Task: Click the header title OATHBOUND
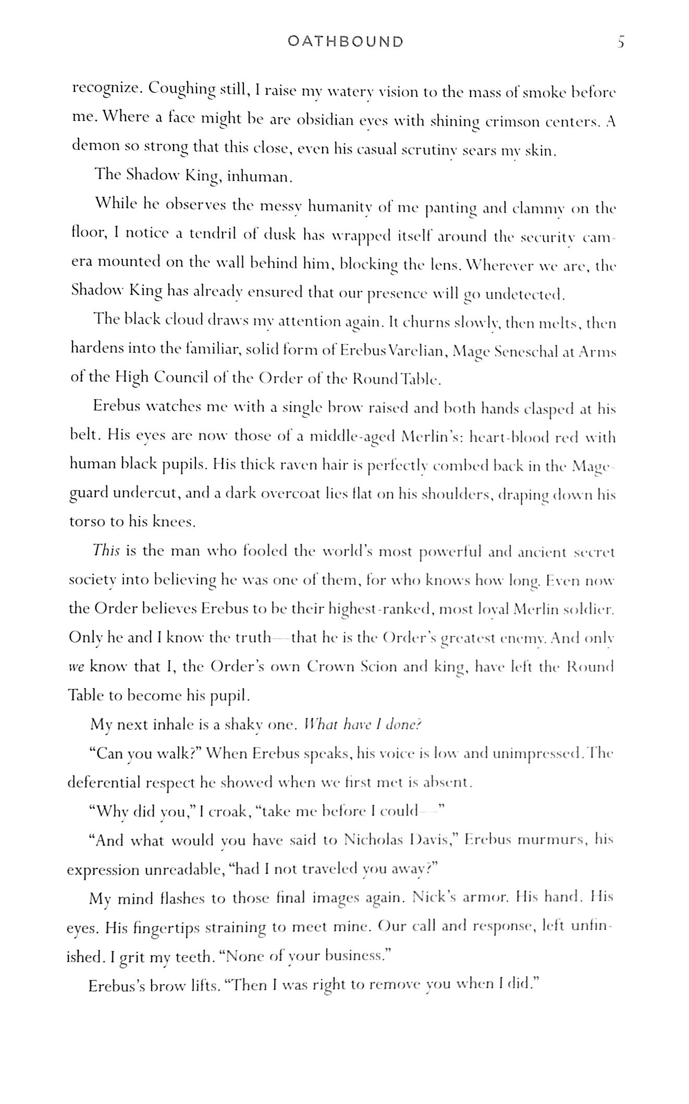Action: pyautogui.click(x=346, y=42)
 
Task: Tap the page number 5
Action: pyautogui.click(x=620, y=42)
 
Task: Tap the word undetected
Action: pyautogui.click(x=524, y=295)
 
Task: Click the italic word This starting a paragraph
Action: pyautogui.click(x=106, y=551)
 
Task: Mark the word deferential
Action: pyautogui.click(x=104, y=782)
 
